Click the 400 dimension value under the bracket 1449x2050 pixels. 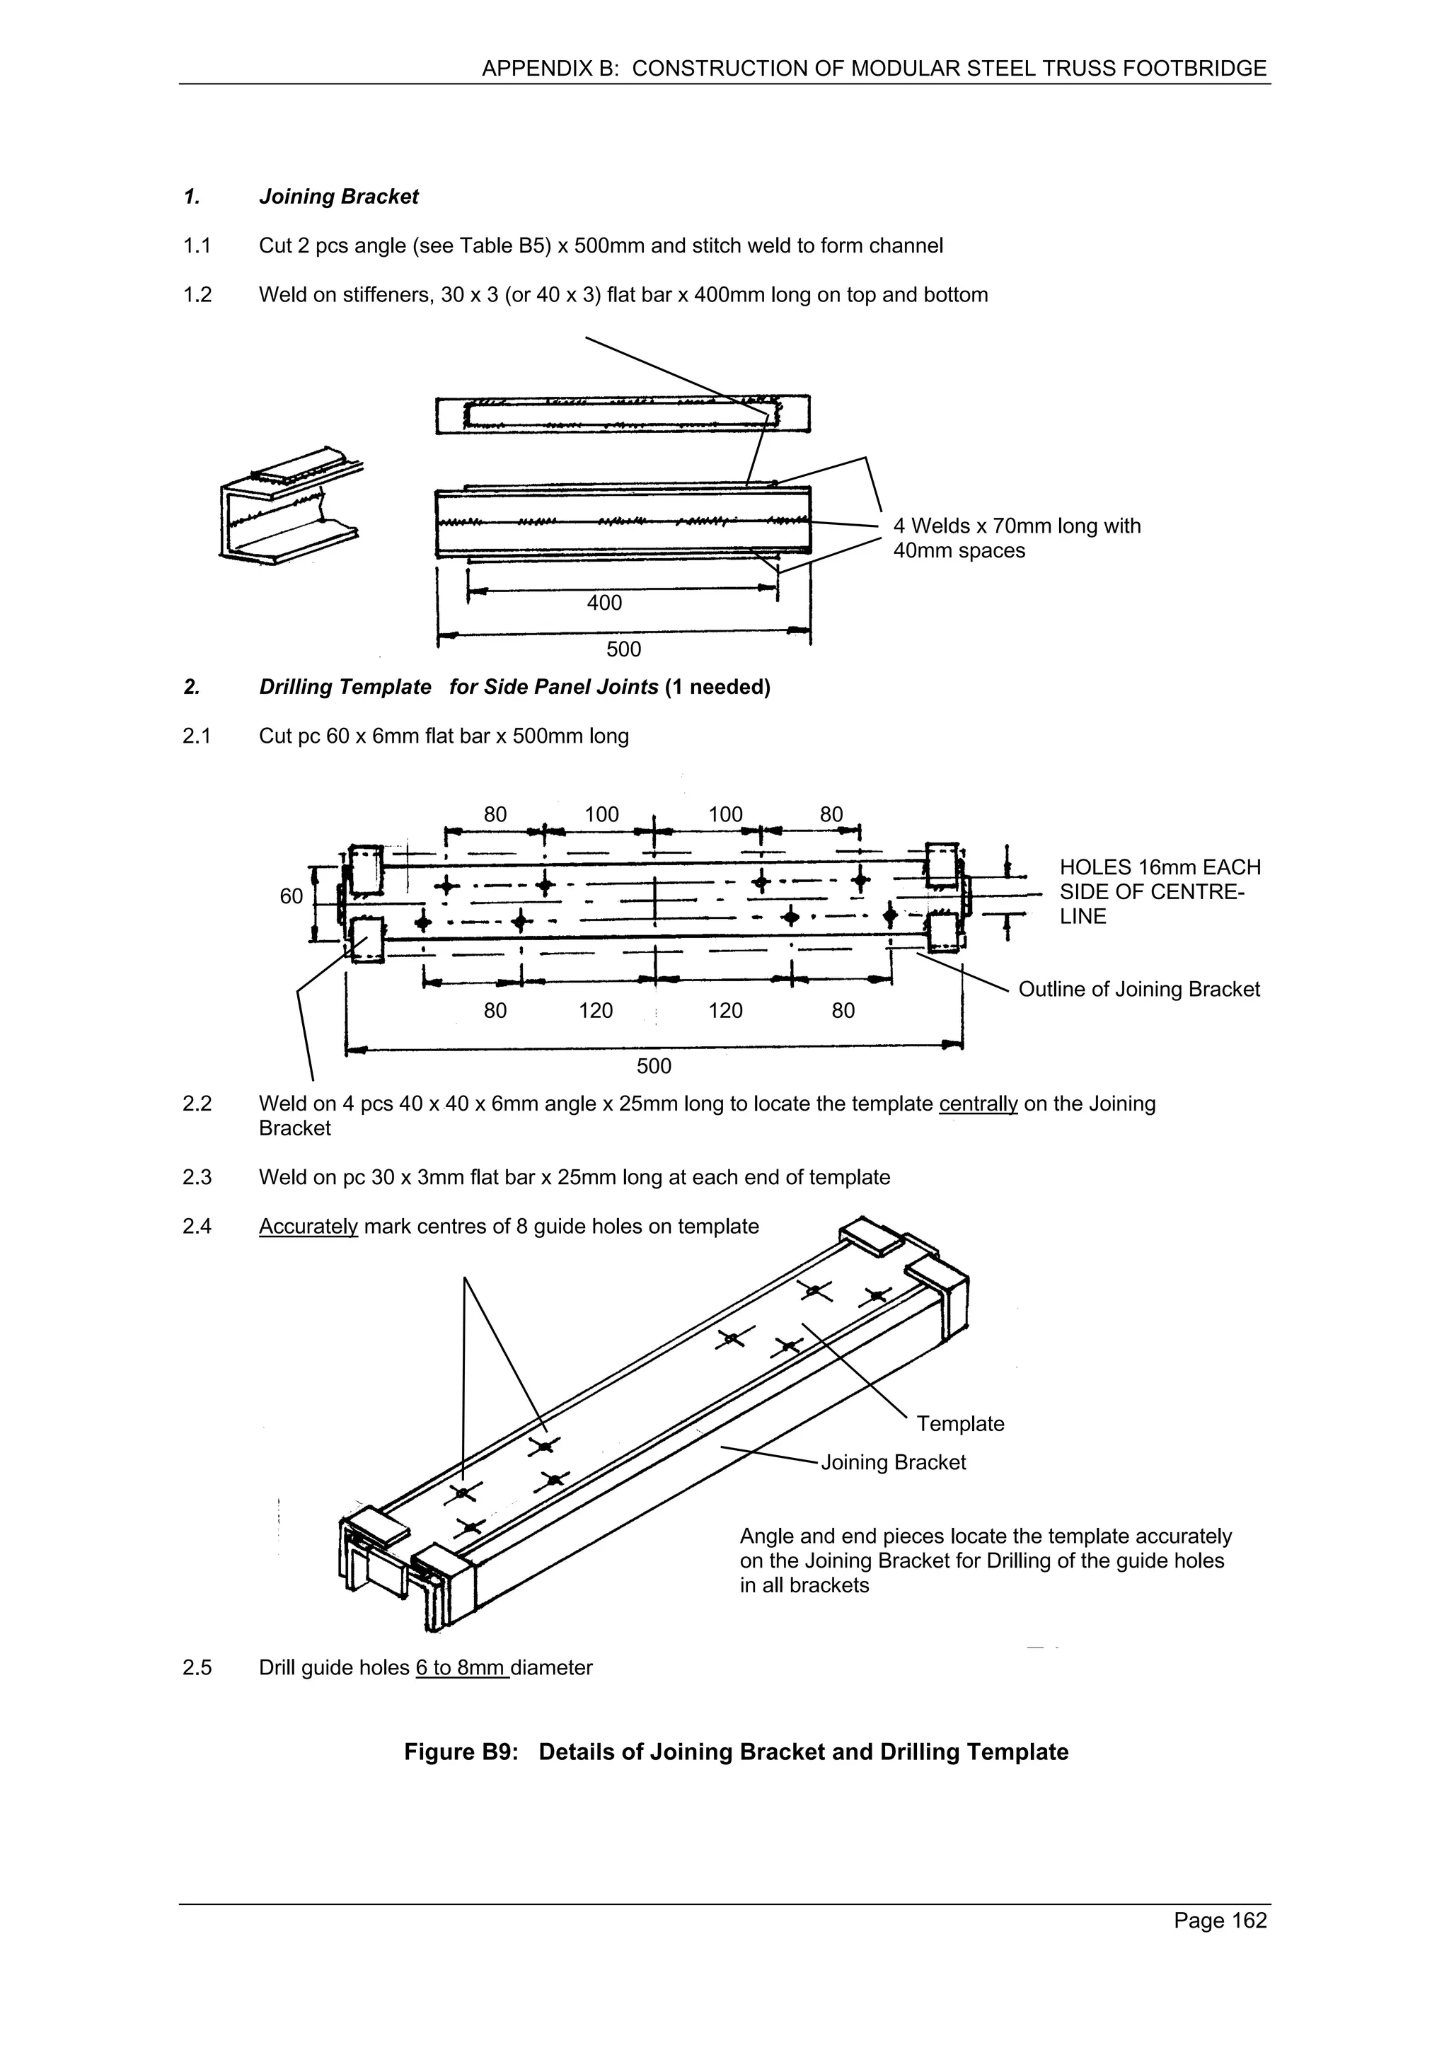[604, 603]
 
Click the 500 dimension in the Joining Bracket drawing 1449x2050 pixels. [623, 649]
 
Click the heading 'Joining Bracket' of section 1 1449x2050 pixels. [338, 197]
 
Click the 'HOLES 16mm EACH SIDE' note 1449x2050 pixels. [1159, 891]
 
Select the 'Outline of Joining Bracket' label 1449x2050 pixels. [1138, 990]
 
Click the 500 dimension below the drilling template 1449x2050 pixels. [654, 1066]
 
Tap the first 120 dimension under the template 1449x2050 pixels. [596, 1011]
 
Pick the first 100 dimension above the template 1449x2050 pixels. [601, 814]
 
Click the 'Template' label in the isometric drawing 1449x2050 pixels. [960, 1423]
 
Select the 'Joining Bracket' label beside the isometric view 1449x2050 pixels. [893, 1461]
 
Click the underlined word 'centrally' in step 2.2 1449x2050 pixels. [978, 1104]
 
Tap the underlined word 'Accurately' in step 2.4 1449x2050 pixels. [308, 1226]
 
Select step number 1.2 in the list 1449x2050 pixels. [197, 295]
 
